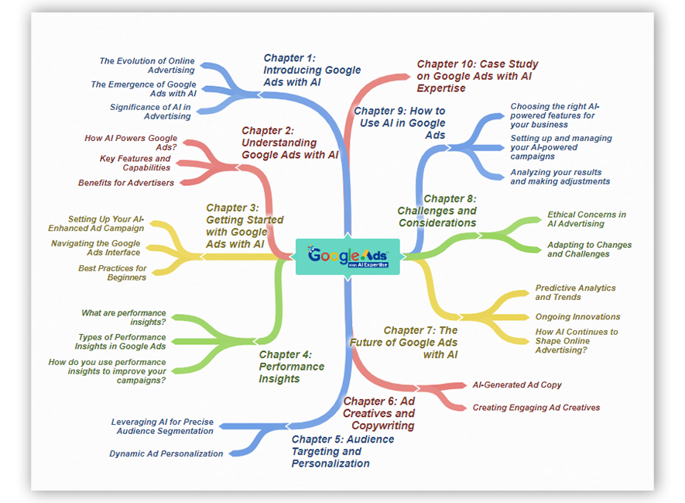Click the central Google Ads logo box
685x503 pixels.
(x=348, y=257)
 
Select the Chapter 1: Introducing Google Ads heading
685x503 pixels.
(x=312, y=70)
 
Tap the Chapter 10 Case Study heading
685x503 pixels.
(x=477, y=76)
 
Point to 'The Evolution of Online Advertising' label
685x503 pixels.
(x=147, y=66)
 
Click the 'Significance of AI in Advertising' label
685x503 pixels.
(x=150, y=112)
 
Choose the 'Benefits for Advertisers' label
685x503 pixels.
(x=126, y=183)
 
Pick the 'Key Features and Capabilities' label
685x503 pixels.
(x=135, y=164)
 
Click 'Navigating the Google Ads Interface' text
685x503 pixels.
(x=96, y=247)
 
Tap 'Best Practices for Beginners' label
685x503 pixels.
(x=112, y=273)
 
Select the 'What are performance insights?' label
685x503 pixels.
(x=124, y=318)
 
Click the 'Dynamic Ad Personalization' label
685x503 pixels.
(x=166, y=453)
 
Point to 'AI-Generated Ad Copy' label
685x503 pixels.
(x=517, y=385)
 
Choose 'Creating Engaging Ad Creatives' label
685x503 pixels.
(x=536, y=408)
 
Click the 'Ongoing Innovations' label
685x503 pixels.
(x=577, y=317)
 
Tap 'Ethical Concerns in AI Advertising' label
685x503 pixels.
(x=587, y=219)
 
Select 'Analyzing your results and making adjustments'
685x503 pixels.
(x=560, y=177)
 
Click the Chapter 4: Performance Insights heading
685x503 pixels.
(x=291, y=367)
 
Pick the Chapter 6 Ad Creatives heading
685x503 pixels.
(x=378, y=413)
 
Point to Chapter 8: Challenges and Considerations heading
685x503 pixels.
(x=437, y=211)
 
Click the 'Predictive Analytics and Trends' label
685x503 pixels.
(x=575, y=293)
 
